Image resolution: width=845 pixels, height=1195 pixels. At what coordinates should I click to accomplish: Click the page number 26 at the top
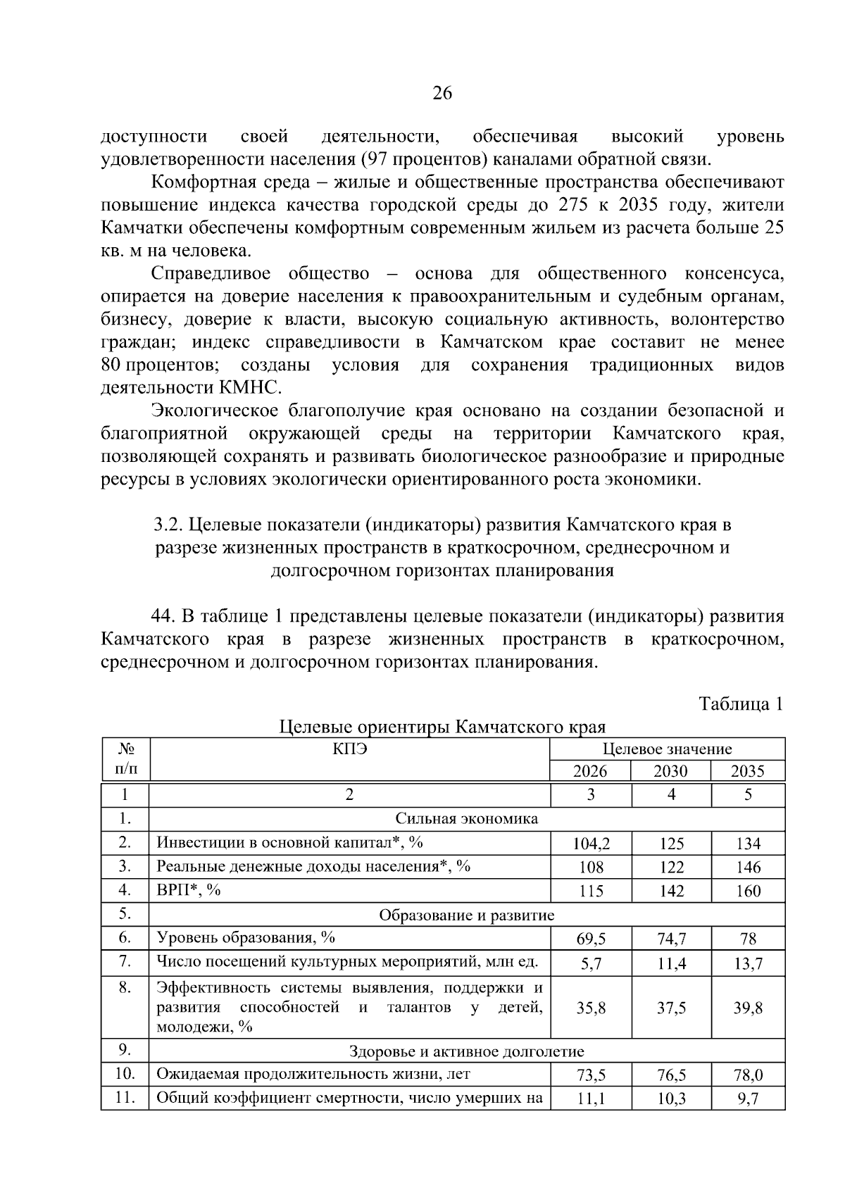click(x=442, y=94)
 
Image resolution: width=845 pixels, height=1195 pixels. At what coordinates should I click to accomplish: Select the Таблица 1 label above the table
click(x=740, y=703)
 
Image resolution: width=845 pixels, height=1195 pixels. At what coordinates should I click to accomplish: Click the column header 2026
click(x=590, y=771)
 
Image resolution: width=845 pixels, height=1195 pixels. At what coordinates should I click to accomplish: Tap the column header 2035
click(x=747, y=771)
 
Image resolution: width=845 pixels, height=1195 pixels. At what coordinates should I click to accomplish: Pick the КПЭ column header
click(x=349, y=749)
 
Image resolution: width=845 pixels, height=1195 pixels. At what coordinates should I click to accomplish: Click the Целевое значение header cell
click(x=667, y=749)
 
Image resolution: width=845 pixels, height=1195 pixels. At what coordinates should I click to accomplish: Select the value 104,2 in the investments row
click(x=590, y=844)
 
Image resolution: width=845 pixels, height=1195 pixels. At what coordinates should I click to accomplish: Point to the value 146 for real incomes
click(x=748, y=868)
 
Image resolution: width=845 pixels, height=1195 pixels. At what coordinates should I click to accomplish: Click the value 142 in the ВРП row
click(x=671, y=891)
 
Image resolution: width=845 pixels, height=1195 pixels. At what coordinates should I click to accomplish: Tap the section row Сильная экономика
click(x=466, y=819)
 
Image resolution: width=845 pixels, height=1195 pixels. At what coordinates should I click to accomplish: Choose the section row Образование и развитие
click(x=466, y=915)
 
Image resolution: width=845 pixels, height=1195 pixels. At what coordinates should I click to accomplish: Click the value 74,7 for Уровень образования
click(x=671, y=939)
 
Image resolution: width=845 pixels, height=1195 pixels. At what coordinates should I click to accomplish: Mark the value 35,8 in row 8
click(x=591, y=1008)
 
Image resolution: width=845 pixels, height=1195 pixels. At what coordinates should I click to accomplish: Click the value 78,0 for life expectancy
click(x=748, y=1075)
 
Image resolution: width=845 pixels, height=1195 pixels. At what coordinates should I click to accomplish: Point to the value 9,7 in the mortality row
click(x=748, y=1099)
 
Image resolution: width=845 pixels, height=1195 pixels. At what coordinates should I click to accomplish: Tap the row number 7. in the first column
click(x=125, y=962)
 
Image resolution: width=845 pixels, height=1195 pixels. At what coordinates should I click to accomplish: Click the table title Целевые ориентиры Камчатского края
click(x=442, y=726)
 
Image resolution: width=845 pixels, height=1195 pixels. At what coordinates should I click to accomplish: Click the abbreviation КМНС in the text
click(x=256, y=387)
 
